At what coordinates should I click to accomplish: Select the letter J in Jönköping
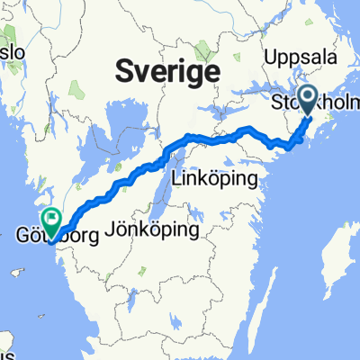pyautogui.click(x=110, y=230)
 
